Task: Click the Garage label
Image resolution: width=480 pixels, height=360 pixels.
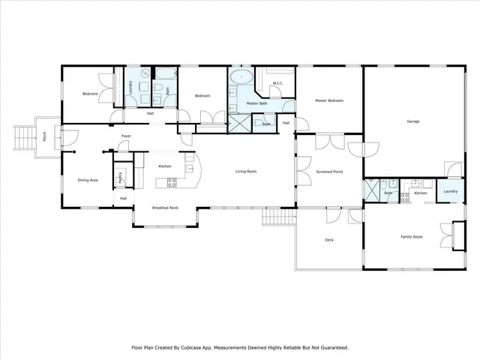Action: [412, 121]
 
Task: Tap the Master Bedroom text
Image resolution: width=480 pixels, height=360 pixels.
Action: [330, 100]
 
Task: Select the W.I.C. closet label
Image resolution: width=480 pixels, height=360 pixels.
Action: [277, 83]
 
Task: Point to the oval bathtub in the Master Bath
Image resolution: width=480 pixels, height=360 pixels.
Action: [241, 77]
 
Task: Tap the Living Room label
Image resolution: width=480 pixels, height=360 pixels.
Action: [246, 172]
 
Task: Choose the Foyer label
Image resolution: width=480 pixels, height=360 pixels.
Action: [126, 136]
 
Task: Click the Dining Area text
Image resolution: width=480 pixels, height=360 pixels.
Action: [88, 180]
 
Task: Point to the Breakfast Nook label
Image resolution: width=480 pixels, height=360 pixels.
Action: [165, 208]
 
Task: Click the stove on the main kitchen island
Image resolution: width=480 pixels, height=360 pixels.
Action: [171, 181]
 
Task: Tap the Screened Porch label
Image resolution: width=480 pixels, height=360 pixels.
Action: [329, 172]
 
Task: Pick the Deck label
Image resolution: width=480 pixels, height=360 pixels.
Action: [328, 240]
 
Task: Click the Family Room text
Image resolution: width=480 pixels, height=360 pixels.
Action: [411, 237]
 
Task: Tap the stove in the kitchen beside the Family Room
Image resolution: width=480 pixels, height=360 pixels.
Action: [405, 198]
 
